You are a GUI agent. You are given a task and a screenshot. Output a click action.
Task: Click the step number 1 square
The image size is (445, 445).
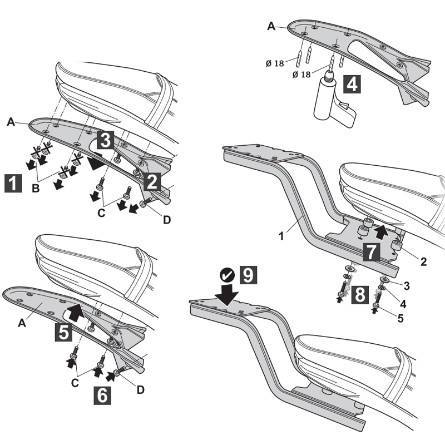[x=13, y=182]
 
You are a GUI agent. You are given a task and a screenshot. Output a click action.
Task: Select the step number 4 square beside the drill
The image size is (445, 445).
[x=352, y=85]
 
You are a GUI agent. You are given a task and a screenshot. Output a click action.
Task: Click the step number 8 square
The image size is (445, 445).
[x=359, y=294]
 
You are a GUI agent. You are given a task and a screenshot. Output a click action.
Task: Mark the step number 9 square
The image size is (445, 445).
[x=250, y=274]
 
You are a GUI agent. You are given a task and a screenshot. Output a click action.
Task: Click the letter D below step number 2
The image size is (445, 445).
[x=166, y=220]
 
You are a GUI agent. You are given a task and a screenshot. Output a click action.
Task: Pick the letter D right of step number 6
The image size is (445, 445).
[x=140, y=390]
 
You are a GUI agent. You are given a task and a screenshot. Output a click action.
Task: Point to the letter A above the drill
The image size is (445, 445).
[x=271, y=26]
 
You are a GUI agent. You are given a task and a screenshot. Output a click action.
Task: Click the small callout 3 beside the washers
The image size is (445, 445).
[x=407, y=285]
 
